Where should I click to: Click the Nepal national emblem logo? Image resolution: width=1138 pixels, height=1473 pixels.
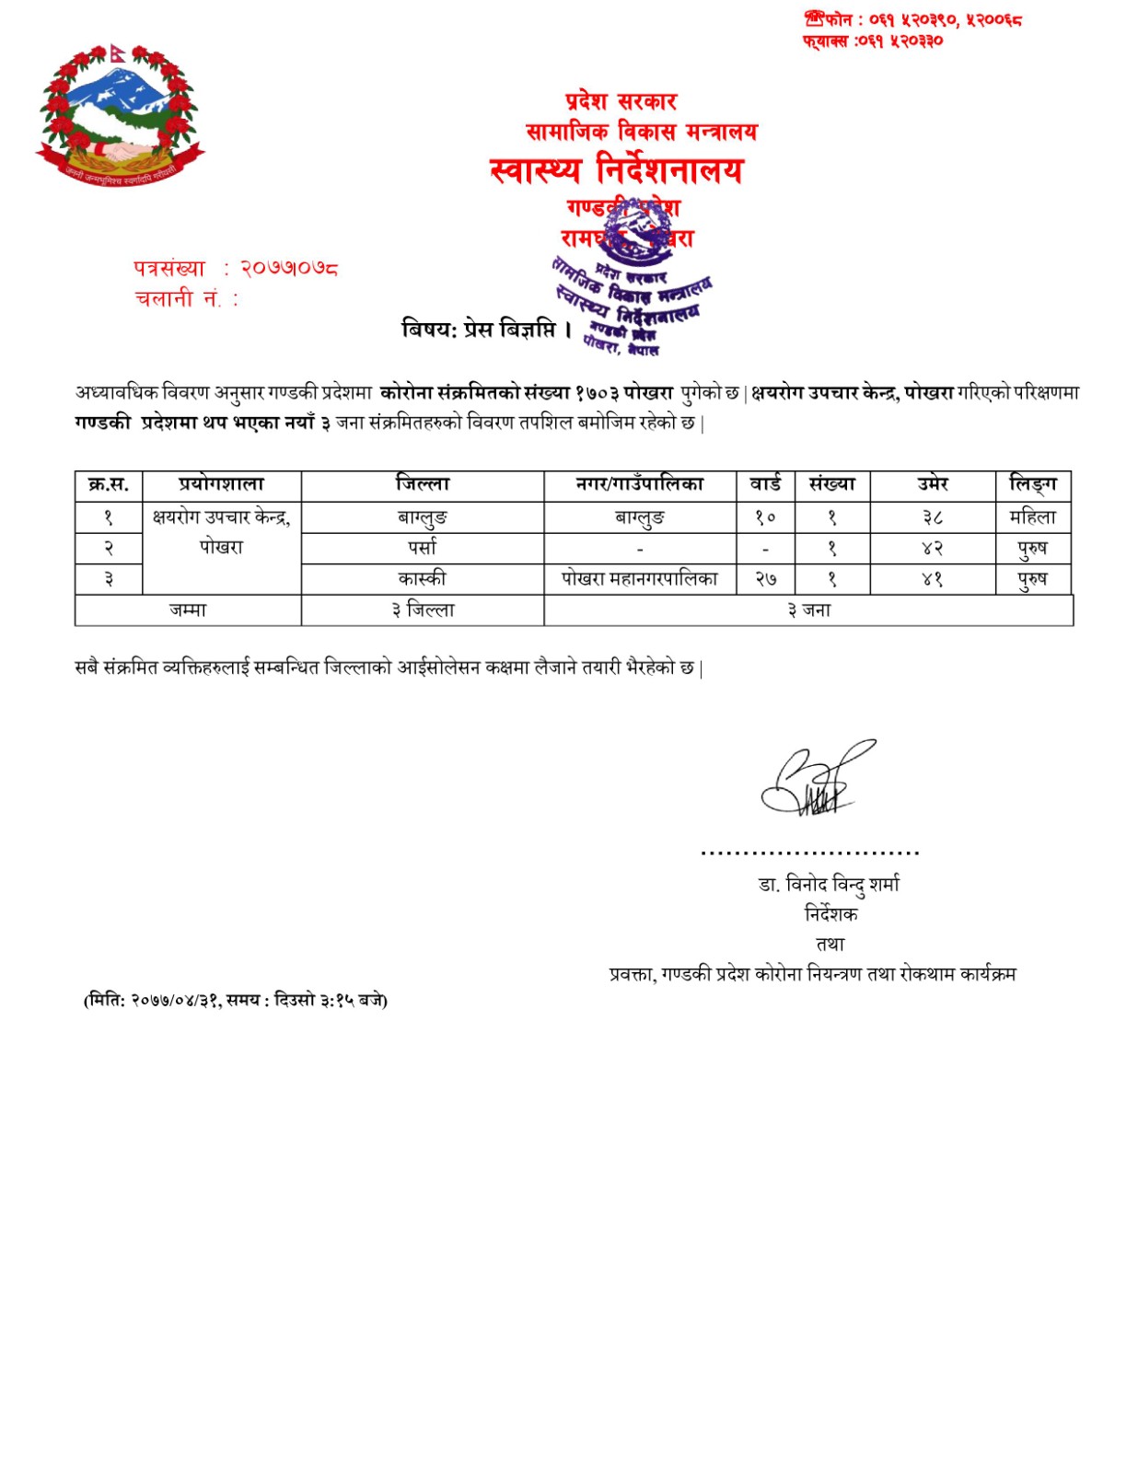point(119,112)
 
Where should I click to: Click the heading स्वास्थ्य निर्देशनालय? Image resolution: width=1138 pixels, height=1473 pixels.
point(616,170)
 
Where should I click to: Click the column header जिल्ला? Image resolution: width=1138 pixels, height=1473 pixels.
point(422,484)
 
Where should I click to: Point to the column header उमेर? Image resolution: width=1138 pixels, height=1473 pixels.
point(932,484)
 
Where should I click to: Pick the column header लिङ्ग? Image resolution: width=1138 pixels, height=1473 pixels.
point(1033,484)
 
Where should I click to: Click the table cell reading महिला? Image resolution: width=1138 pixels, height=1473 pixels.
point(1033,517)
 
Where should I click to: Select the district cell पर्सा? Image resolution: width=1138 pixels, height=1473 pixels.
point(422,549)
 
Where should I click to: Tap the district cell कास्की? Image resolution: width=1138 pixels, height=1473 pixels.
point(422,579)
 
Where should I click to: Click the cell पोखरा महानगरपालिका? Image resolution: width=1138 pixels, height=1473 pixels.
point(640,579)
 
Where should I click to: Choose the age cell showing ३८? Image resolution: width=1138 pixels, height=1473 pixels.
point(932,517)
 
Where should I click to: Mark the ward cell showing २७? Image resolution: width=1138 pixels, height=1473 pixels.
point(765,579)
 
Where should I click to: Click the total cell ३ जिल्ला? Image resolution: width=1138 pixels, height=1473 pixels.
point(422,610)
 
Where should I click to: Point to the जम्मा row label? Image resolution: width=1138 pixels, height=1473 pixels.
point(188,610)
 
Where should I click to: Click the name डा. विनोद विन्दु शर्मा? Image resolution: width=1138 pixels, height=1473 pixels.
point(829,885)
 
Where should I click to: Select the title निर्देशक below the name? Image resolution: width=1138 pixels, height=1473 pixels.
point(830,914)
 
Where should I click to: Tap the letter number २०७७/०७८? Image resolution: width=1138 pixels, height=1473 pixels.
point(289,269)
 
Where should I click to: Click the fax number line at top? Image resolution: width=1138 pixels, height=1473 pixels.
point(872,41)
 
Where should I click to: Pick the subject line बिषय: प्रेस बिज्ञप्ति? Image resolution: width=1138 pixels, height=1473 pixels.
point(487,329)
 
